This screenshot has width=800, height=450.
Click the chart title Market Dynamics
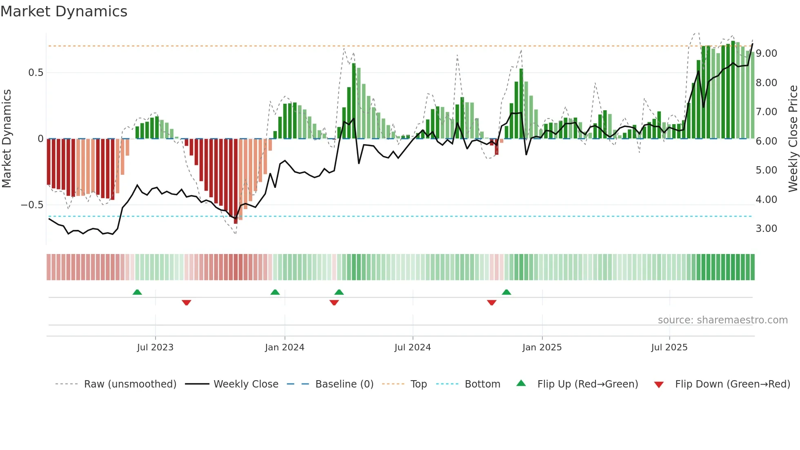tap(64, 11)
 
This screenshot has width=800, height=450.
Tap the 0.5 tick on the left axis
tap(36, 73)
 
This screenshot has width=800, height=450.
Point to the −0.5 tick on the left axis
tap(32, 205)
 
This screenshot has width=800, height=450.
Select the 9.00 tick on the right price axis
tap(766, 53)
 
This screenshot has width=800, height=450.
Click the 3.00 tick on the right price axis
tap(766, 229)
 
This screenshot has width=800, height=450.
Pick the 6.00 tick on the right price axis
tap(766, 141)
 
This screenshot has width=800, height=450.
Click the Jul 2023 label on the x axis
tap(155, 348)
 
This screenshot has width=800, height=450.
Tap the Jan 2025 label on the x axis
tap(542, 348)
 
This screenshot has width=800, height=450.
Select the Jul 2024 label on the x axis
tap(412, 348)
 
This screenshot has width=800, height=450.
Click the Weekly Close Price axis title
tap(793, 139)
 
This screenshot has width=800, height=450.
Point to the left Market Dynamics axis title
tap(7, 139)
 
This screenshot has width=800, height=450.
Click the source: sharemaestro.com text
tap(722, 320)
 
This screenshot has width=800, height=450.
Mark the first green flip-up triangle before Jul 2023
tap(137, 292)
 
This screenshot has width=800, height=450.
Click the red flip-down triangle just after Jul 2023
tap(187, 303)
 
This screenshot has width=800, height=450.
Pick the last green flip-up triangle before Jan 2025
tap(506, 292)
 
